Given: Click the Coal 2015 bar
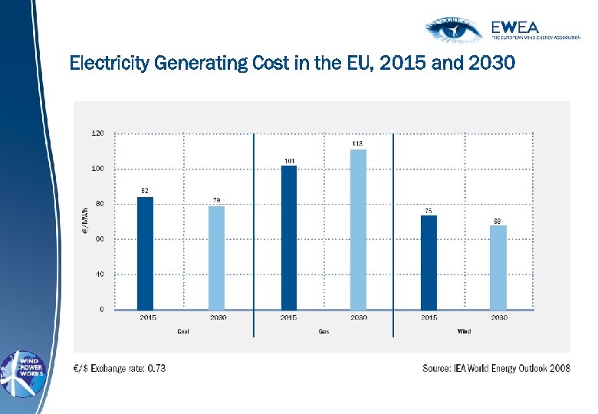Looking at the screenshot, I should point(144,253).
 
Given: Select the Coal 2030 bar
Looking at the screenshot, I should point(216,258).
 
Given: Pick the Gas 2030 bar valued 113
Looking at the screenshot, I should point(358,229).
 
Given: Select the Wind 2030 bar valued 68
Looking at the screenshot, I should point(498,268).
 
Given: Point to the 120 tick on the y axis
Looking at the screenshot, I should point(98,133).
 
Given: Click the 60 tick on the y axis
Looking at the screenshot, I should point(100,238).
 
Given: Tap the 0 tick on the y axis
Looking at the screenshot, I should point(102,309).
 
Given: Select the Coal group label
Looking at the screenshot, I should point(182,331).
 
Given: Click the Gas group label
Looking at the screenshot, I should point(324,331).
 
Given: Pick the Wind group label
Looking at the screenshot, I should point(464,331).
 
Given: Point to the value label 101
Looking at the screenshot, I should point(289,160).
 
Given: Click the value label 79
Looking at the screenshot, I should point(217,200).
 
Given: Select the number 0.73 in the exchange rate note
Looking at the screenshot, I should point(156,368).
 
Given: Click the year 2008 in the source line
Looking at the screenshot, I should point(557,368).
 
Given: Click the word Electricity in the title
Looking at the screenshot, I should point(109,62).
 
